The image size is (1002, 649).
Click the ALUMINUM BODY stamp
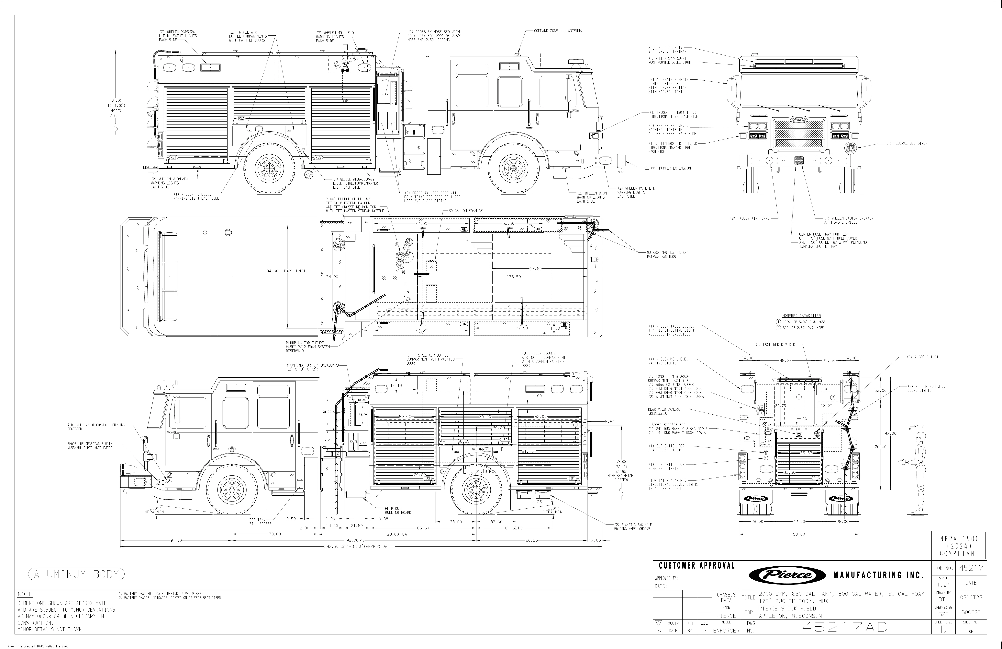click(76, 574)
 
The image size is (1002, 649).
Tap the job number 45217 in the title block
click(971, 568)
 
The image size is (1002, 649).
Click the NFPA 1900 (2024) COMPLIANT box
click(959, 546)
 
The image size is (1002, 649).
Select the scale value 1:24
click(943, 585)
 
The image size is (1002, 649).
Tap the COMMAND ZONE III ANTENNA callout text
click(557, 31)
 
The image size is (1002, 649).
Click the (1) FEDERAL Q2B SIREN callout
click(907, 143)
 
